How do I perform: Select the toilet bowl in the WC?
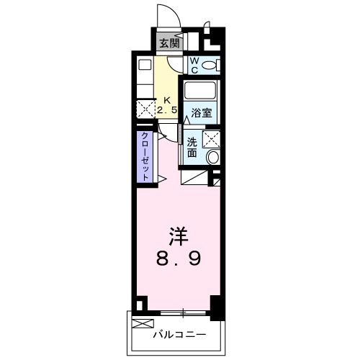pyautogui.click(x=210, y=66)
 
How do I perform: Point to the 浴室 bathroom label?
pyautogui.click(x=202, y=112)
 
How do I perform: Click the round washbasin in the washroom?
pyautogui.click(x=212, y=158)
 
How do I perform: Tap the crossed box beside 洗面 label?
pyautogui.click(x=212, y=139)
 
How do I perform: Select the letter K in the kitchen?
pyautogui.click(x=168, y=100)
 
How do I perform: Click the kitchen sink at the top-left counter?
pyautogui.click(x=144, y=64)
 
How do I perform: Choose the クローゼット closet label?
pyautogui.click(x=145, y=156)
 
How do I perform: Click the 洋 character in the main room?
pyautogui.click(x=179, y=235)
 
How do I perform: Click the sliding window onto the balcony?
pyautogui.click(x=184, y=312)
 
